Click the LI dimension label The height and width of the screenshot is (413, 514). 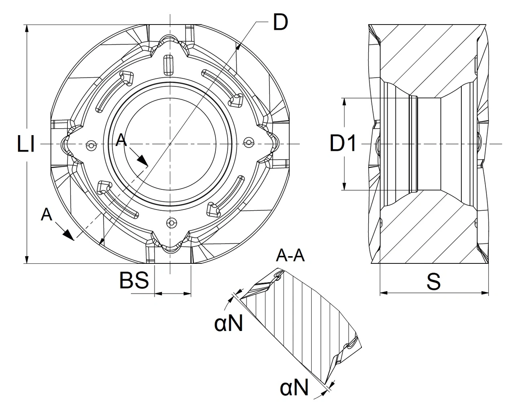click(x=26, y=144)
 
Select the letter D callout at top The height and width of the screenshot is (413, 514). click(x=280, y=23)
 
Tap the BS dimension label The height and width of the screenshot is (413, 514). click(x=134, y=280)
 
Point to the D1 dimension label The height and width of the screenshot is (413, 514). click(x=343, y=143)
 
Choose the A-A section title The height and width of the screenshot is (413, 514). click(x=291, y=255)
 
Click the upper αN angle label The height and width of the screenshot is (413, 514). click(x=228, y=323)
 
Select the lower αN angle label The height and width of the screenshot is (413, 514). click(x=294, y=388)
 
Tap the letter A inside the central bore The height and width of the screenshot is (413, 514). click(x=122, y=140)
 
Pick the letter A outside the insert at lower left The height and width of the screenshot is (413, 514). click(x=47, y=214)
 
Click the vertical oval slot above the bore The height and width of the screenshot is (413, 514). click(x=168, y=65)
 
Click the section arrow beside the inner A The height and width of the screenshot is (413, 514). click(x=143, y=160)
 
